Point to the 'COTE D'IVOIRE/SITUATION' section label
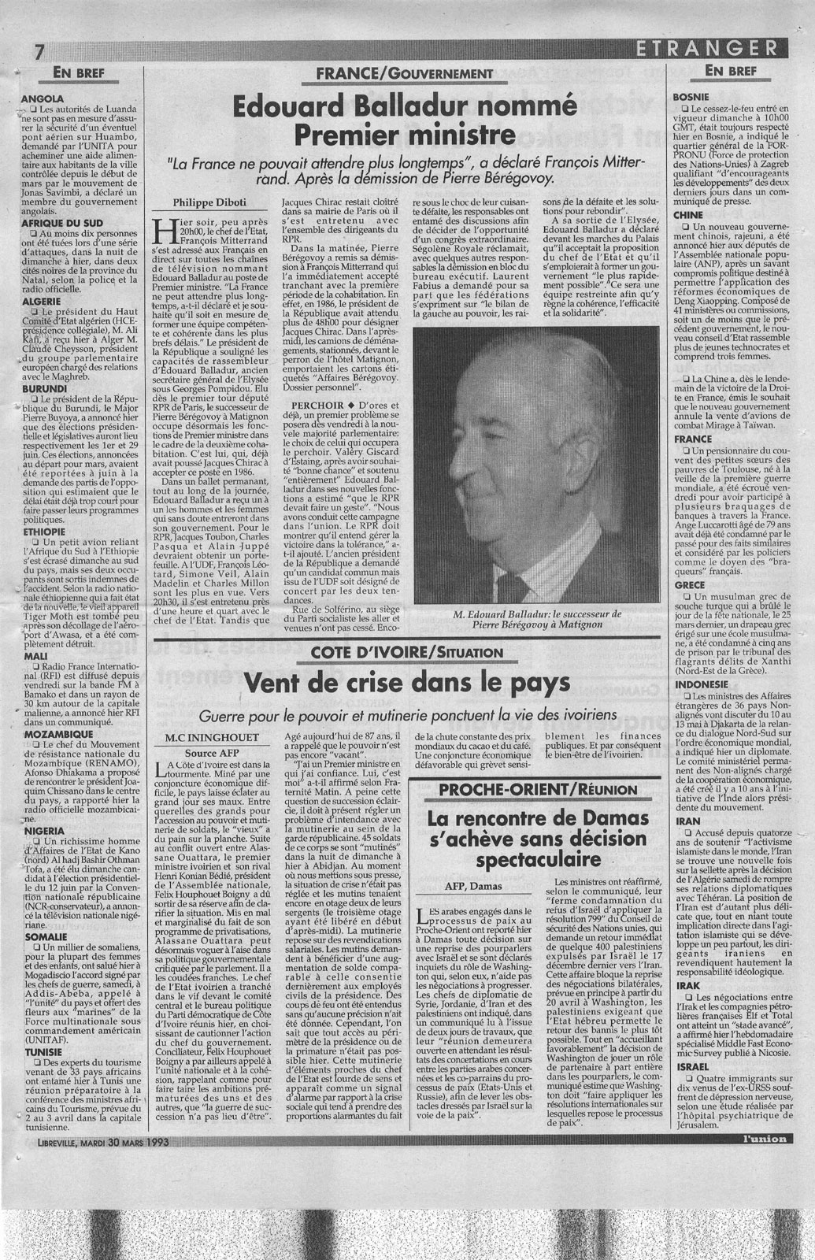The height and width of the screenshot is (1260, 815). click(406, 652)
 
